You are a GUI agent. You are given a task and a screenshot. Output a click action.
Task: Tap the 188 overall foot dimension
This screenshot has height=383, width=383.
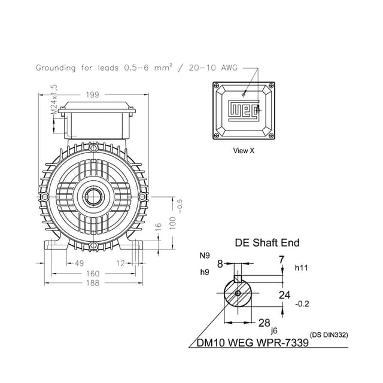(x=93, y=283)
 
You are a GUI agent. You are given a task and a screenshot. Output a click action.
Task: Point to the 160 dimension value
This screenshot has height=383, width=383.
(x=93, y=273)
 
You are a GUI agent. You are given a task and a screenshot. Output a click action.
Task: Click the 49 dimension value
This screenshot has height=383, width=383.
(x=79, y=263)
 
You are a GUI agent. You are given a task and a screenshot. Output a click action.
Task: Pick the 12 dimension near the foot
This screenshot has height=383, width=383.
(x=120, y=263)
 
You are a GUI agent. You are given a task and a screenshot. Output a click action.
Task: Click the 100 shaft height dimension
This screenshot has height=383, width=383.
(x=172, y=221)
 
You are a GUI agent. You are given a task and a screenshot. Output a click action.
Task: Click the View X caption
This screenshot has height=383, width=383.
(x=244, y=151)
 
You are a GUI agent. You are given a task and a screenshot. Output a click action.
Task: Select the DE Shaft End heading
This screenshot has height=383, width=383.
(x=266, y=243)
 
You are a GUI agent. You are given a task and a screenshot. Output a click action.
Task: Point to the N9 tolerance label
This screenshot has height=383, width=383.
(x=205, y=256)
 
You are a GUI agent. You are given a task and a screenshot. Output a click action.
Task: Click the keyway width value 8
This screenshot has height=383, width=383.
(x=220, y=263)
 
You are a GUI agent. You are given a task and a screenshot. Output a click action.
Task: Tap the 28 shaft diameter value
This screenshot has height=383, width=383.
(x=264, y=323)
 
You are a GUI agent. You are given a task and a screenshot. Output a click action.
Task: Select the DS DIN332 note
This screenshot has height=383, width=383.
(x=329, y=335)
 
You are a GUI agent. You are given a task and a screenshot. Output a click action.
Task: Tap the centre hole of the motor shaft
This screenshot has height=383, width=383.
(x=93, y=195)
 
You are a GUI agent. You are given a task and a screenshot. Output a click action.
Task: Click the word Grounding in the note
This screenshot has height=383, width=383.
(x=56, y=68)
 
